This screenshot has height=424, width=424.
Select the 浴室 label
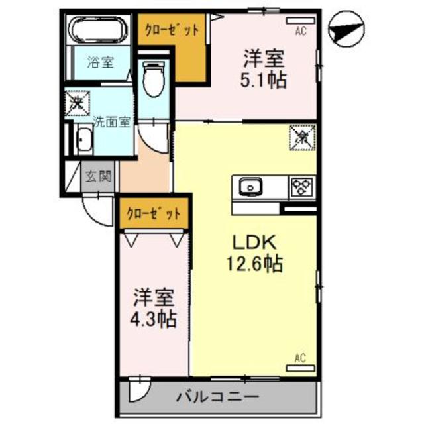click(x=101, y=63)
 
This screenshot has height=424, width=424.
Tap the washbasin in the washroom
click(x=84, y=140)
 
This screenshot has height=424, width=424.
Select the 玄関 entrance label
click(x=99, y=177)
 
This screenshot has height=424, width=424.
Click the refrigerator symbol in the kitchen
click(x=301, y=138)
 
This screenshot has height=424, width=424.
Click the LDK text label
click(x=248, y=242)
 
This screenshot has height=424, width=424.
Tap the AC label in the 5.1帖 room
click(x=300, y=30)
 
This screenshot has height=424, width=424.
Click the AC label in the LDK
click(x=299, y=359)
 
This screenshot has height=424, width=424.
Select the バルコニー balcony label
click(x=217, y=397)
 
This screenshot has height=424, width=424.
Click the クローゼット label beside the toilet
click(x=172, y=30)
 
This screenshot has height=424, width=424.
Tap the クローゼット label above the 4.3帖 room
click(x=154, y=214)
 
